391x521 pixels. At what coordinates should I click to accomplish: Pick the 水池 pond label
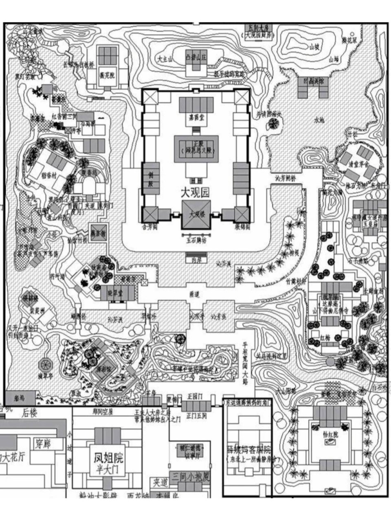point(320,120)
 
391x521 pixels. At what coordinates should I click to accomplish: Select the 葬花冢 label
point(349,41)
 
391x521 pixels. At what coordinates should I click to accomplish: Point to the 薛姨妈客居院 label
point(248,451)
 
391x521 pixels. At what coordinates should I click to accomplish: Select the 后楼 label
point(30,414)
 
